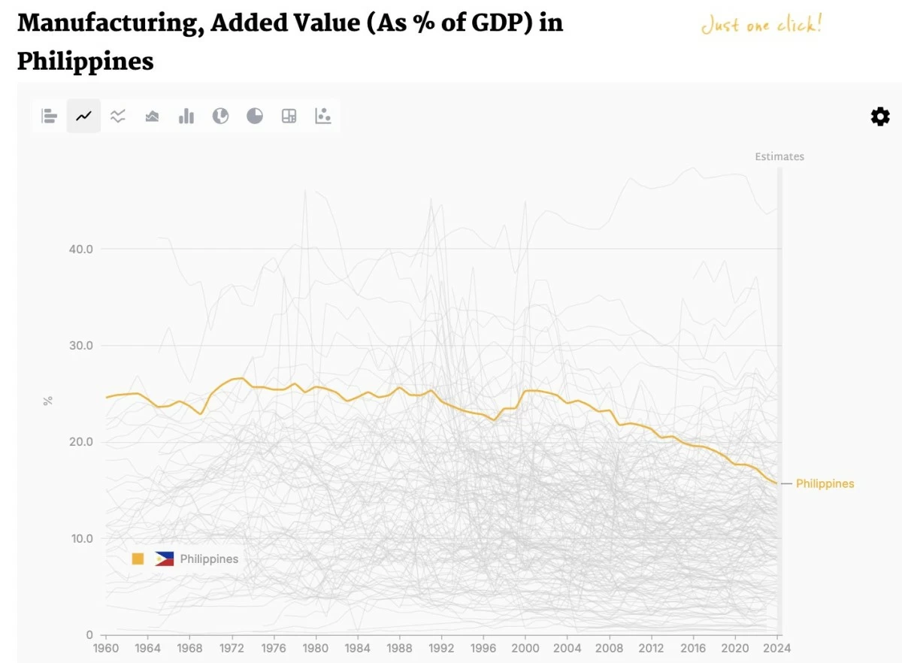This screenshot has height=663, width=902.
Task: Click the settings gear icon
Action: pyautogui.click(x=879, y=117)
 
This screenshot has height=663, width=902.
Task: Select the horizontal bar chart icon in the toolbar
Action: pyautogui.click(x=50, y=117)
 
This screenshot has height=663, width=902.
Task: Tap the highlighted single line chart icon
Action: pyautogui.click(x=83, y=117)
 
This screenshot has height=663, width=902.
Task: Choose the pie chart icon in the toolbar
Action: pyautogui.click(x=255, y=117)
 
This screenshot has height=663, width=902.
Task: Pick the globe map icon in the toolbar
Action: pyautogui.click(x=220, y=117)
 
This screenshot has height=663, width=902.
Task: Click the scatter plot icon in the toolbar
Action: pyautogui.click(x=323, y=117)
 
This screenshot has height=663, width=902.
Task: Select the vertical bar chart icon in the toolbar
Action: pyautogui.click(x=186, y=117)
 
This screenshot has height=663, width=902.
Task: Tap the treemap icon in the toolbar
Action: pyautogui.click(x=289, y=117)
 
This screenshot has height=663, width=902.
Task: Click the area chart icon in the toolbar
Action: pyautogui.click(x=152, y=117)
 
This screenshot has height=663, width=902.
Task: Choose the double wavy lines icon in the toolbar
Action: pyautogui.click(x=118, y=117)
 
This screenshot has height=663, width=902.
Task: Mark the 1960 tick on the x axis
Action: pyautogui.click(x=105, y=648)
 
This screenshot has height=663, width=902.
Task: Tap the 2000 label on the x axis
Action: pyautogui.click(x=525, y=648)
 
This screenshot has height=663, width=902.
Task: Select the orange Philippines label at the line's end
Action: pyautogui.click(x=825, y=483)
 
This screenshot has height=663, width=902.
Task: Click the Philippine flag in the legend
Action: pyautogui.click(x=165, y=559)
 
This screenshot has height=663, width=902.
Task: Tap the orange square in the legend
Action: pyautogui.click(x=138, y=559)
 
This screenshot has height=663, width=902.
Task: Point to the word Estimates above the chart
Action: pyautogui.click(x=779, y=156)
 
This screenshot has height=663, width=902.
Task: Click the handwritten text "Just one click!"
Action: pyautogui.click(x=761, y=26)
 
